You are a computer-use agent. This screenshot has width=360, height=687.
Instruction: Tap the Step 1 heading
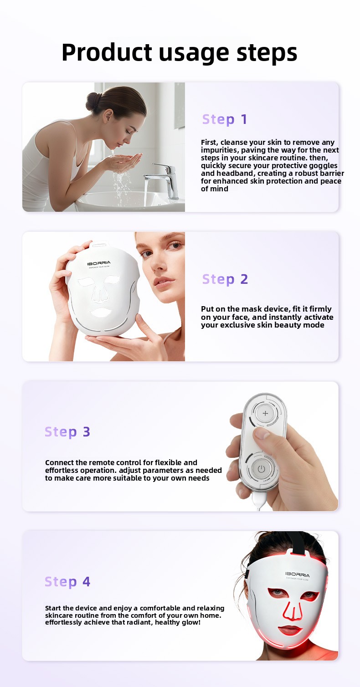(225, 120)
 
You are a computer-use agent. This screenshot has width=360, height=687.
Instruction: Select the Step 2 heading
(225, 279)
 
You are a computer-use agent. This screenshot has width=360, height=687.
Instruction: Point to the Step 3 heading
(67, 432)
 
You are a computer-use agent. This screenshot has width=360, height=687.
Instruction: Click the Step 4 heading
(67, 582)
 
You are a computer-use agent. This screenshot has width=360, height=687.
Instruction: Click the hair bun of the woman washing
(93, 101)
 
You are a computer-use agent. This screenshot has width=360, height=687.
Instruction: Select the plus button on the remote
(265, 413)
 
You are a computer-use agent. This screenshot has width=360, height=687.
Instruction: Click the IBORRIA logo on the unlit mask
(99, 263)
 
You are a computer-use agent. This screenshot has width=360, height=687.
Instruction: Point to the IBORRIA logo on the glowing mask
(297, 574)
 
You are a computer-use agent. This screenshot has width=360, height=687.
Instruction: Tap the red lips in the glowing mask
(290, 630)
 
